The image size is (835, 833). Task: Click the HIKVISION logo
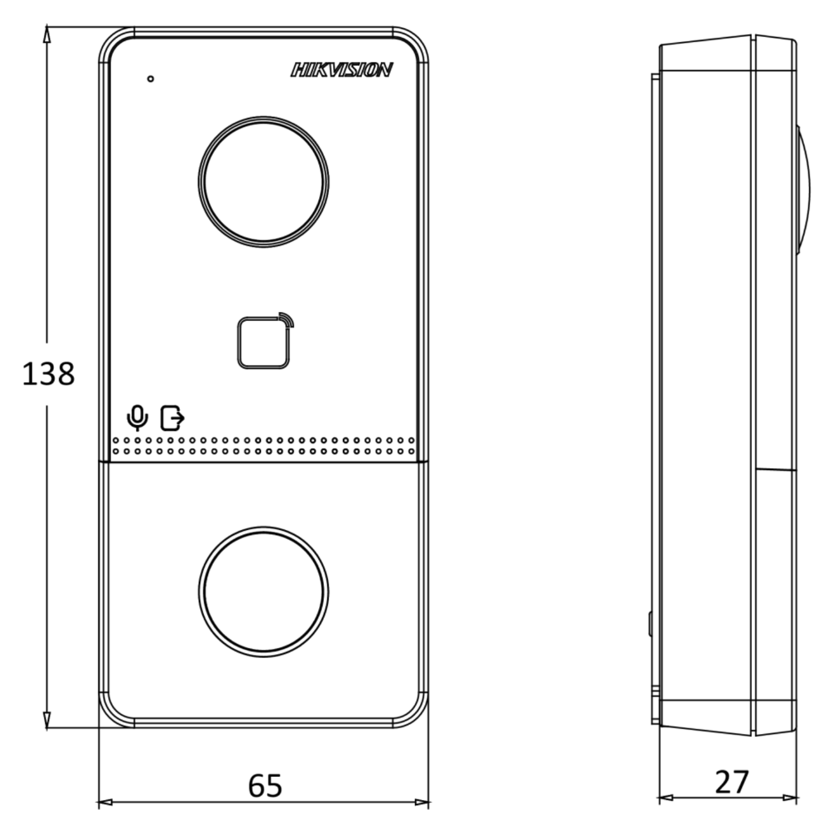coord(341,69)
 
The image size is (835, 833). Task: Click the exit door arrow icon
coord(172,418)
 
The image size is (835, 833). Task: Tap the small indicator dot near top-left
coord(150,79)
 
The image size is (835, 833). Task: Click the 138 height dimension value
coord(48,374)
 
